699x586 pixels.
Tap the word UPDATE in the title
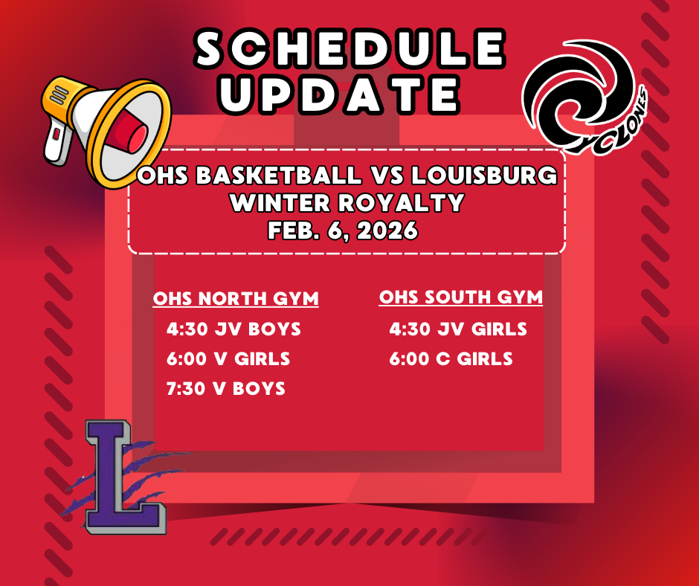[341, 95]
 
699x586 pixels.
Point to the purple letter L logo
[122, 477]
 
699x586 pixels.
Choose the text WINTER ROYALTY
[347, 202]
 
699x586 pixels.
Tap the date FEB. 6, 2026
[343, 231]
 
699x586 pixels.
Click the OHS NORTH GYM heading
[236, 299]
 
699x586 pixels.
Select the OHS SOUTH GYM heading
[461, 297]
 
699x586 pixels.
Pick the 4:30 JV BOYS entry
[234, 329]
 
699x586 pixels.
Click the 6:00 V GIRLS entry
[228, 358]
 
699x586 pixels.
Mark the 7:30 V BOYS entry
[226, 388]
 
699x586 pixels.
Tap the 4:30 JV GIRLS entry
[458, 329]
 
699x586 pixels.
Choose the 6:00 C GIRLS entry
[451, 358]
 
